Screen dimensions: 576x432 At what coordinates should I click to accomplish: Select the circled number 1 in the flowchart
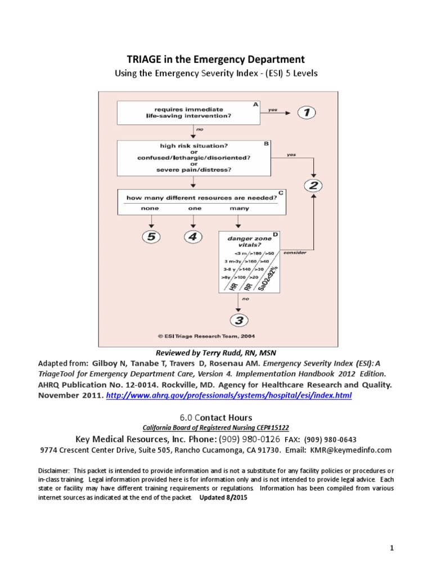pos(307,112)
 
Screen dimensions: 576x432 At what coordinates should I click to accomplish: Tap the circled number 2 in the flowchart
pos(313,185)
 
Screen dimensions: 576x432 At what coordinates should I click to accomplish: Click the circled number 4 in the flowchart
pos(192,237)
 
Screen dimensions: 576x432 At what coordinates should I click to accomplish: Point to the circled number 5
pos(150,237)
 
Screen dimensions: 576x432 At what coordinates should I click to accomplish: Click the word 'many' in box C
pos(238,208)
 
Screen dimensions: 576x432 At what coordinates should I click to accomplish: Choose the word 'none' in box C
pos(150,208)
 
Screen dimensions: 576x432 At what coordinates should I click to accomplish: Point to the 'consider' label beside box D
pos(295,253)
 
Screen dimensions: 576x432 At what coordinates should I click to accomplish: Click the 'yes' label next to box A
pos(273,110)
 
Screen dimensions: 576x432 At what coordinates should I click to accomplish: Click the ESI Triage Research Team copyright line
pos(208,336)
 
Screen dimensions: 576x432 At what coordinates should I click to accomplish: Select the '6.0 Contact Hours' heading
pos(215,417)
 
